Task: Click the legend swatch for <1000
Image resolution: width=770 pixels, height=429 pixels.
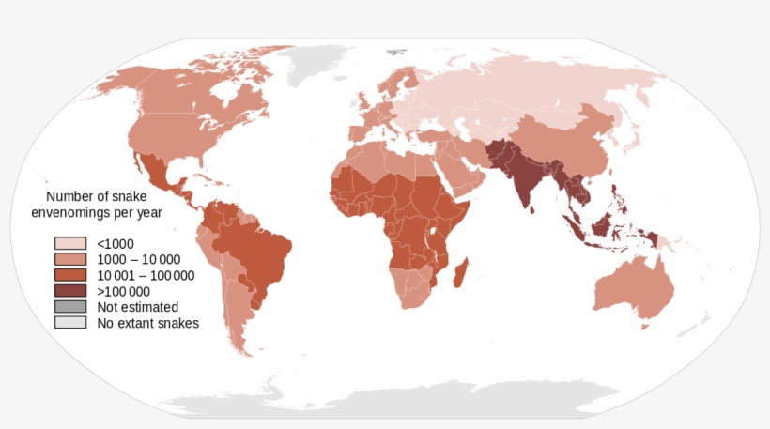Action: (70, 243)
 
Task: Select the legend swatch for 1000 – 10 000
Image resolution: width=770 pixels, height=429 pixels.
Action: (70, 259)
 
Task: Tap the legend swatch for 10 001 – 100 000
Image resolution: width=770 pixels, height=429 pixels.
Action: (70, 275)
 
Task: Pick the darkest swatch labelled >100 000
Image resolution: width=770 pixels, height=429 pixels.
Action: (70, 291)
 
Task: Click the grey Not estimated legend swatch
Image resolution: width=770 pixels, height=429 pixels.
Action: (70, 307)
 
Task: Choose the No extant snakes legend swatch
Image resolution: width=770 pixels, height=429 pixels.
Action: (70, 323)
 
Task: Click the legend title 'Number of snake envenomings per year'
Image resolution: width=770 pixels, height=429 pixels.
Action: (104, 205)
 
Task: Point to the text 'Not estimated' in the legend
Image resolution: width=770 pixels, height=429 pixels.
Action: (137, 307)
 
